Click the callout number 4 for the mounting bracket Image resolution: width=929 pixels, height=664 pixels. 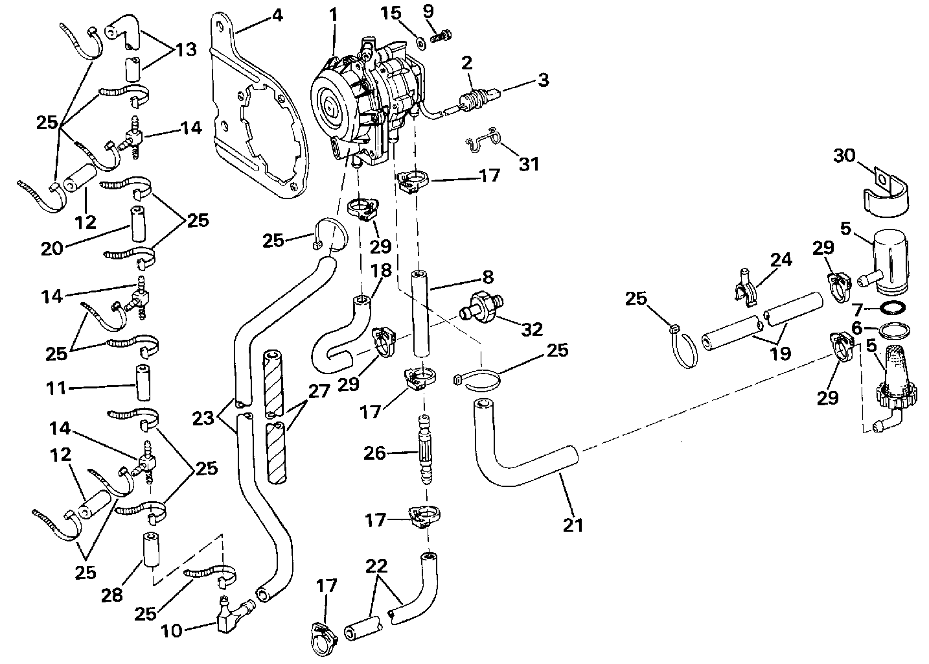[277, 14]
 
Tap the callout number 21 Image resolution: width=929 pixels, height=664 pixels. [573, 524]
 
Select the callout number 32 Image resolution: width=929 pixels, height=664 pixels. [532, 329]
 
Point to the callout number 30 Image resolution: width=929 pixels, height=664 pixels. [843, 156]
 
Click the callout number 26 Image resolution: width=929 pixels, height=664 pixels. [375, 453]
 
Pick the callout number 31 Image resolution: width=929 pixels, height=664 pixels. [529, 165]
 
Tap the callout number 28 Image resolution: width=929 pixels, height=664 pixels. [112, 595]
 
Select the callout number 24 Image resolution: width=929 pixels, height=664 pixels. [781, 260]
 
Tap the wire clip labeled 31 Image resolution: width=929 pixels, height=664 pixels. [482, 142]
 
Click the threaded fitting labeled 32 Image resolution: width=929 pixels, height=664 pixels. [481, 305]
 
